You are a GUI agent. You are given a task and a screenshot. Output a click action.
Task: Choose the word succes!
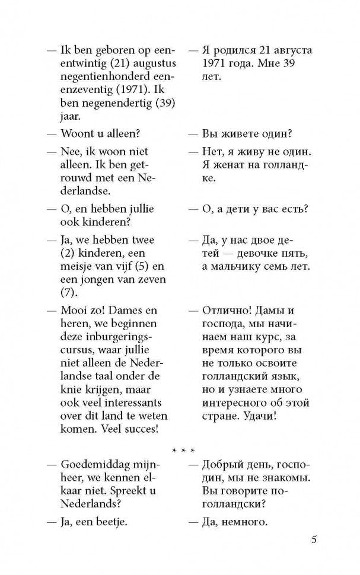coord(136,429)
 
